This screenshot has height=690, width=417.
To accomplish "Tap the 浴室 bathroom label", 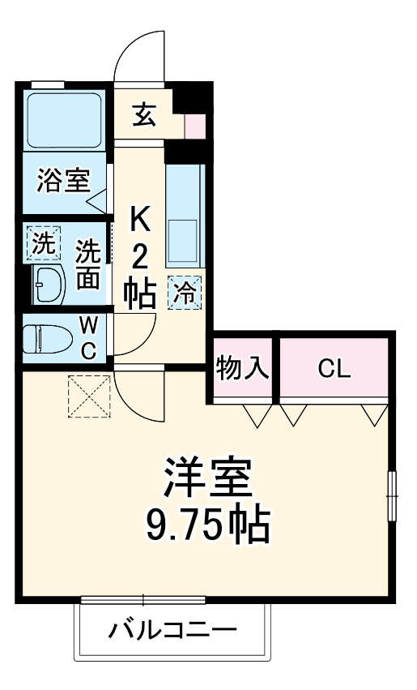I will click(62, 180).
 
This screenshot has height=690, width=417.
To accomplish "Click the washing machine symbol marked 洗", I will click(40, 242).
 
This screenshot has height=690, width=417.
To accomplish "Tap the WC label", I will click(89, 337).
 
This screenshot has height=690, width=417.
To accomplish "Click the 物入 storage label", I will click(243, 369).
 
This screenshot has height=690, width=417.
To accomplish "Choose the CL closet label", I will click(334, 370).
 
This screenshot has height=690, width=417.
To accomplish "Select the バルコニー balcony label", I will click(172, 630).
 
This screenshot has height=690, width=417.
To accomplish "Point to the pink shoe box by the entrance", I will click(195, 126).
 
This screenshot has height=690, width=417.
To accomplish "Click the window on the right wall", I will click(392, 495).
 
